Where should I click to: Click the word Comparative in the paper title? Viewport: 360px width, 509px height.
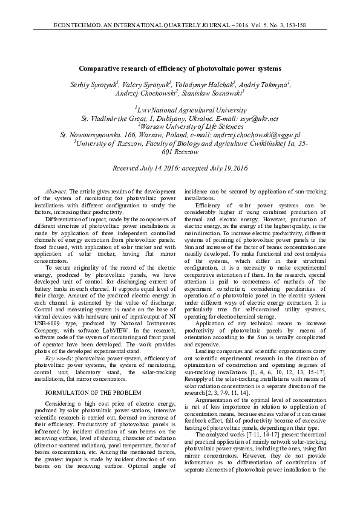tap(102, 69)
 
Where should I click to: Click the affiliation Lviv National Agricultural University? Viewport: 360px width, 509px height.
tap(181, 111)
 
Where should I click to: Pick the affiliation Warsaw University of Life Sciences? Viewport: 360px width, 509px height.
tap(181, 128)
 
